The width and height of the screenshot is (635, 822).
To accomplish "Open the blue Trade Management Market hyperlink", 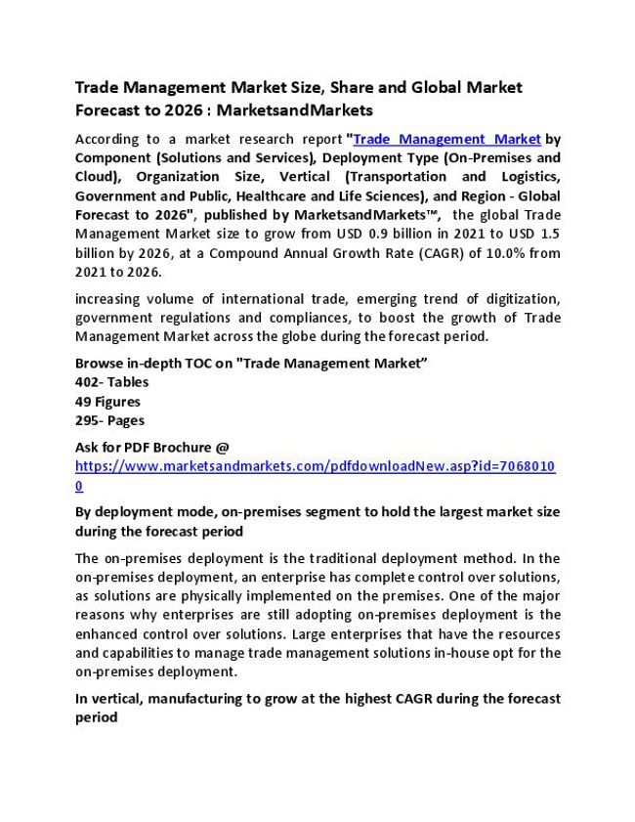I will point(446,139).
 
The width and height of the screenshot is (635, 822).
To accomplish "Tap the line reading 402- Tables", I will point(111,382).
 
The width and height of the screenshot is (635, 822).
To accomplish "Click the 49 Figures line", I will point(107,401).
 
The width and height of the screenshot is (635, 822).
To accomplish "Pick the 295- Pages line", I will point(109,420).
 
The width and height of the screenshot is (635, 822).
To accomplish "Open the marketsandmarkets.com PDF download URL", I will point(315,466).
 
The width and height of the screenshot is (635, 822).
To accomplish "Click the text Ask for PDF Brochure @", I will point(152,447).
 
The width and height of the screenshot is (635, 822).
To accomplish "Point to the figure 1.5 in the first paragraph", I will point(549,233).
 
